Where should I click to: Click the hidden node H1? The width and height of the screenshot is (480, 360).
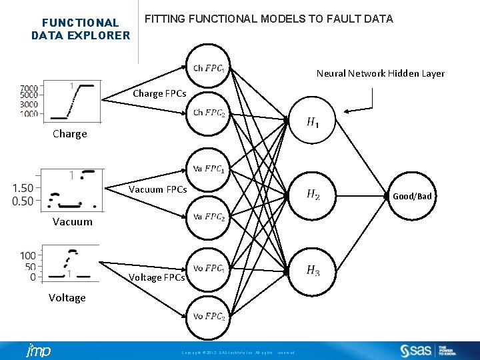click(x=313, y=122)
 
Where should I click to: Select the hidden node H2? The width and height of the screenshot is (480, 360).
click(x=313, y=195)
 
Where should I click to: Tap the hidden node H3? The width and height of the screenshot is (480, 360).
click(x=313, y=271)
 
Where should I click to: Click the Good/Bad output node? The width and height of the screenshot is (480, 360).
click(x=412, y=196)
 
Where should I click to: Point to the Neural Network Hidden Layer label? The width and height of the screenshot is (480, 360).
click(x=380, y=73)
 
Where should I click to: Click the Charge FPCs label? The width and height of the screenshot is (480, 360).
click(x=159, y=93)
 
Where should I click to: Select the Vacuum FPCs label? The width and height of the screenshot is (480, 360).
click(x=157, y=189)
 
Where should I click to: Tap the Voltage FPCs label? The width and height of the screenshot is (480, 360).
click(x=157, y=277)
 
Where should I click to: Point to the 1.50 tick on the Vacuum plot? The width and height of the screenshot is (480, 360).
click(x=23, y=188)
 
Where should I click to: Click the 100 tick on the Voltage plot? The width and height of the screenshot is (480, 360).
click(x=27, y=255)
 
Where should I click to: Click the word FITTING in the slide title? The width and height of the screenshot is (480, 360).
click(x=165, y=19)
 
